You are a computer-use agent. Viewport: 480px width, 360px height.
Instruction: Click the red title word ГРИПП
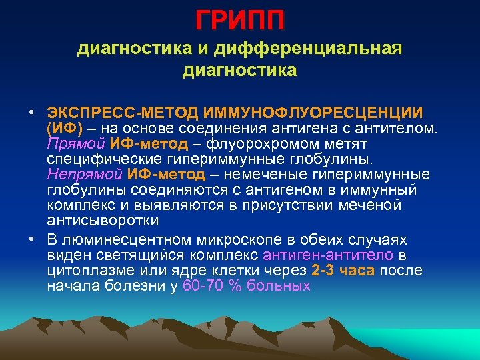pos(240,20)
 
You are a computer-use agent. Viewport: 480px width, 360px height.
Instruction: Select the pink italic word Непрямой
pos(85,175)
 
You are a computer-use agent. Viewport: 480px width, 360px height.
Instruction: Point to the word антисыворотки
pos(103,221)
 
